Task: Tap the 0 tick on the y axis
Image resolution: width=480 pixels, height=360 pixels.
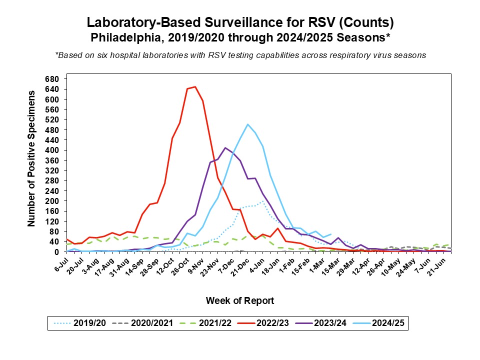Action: click(57, 252)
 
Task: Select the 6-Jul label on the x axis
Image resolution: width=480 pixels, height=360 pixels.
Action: click(60, 263)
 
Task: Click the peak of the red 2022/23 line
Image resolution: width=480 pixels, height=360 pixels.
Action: click(195, 86)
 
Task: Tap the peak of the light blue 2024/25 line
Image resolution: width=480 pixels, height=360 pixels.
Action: click(247, 124)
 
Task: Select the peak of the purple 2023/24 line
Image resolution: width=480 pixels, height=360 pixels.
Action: click(225, 147)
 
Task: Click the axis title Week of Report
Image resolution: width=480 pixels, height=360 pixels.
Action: click(240, 300)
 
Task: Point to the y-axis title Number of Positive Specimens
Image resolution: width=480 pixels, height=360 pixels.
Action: click(31, 158)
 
